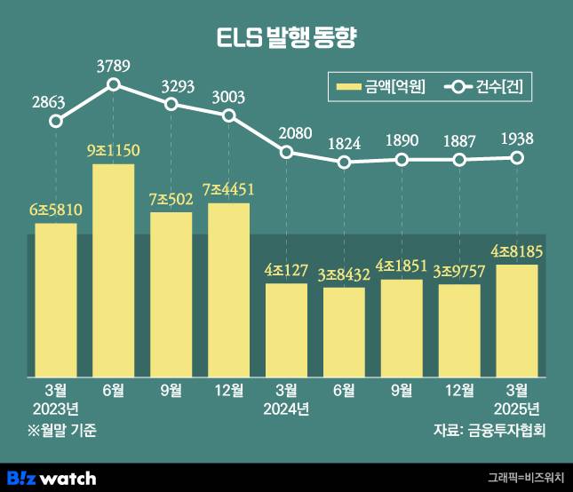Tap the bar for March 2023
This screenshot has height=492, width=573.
coord(56,298)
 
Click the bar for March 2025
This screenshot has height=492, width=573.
coord(516,318)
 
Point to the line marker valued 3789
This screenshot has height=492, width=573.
coord(114,84)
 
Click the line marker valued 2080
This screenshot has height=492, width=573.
coord(286,152)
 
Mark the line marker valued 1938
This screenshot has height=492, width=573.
coord(516,157)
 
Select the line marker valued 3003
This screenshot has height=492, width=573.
coord(229,115)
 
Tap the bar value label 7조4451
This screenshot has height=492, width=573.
coord(229,190)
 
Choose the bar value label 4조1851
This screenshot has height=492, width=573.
coord(402,266)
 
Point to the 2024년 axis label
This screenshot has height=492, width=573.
coord(286,409)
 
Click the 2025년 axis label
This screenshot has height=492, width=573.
coord(516,409)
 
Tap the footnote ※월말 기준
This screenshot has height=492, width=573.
coord(61,431)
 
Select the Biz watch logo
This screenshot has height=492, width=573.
coord(51,478)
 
